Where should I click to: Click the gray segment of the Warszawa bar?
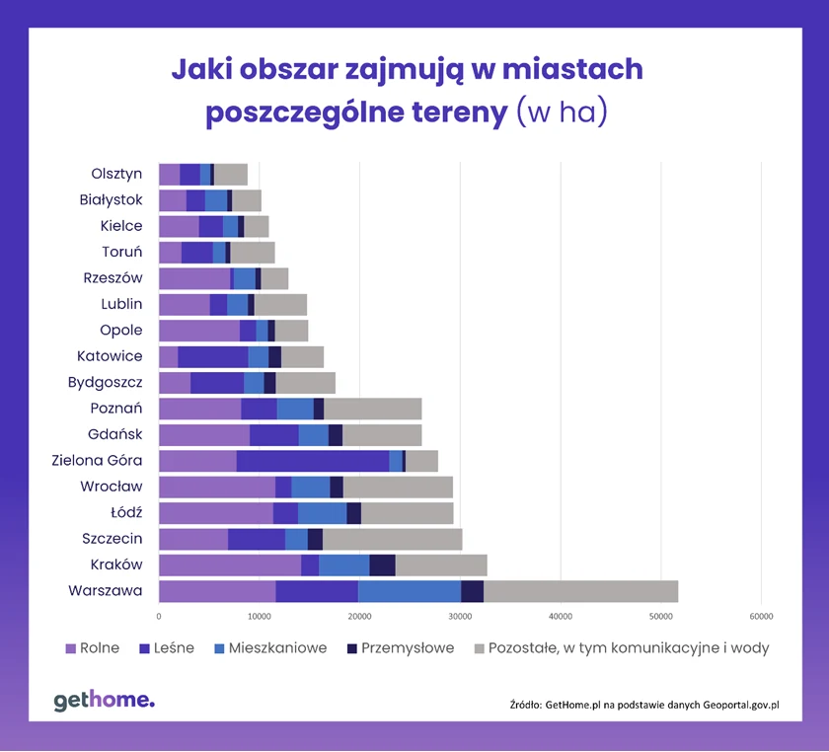pos(581,591)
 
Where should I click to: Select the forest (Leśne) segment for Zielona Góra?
pos(313,461)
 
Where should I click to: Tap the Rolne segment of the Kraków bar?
pos(229,564)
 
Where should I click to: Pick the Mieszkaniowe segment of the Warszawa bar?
pos(410,591)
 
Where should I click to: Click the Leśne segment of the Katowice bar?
pos(213,356)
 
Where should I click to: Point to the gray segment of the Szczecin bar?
pos(392,539)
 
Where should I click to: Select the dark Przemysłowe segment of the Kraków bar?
pos(382,564)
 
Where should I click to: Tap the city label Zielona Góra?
pos(98,460)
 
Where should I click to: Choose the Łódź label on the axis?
pos(125,512)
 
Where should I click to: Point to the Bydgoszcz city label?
pos(105,382)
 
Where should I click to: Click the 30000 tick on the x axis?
pos(460,616)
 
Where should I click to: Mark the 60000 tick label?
pos(760,616)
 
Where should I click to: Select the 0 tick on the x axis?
pos(159,616)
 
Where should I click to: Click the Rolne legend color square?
pos(70,648)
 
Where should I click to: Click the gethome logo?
pos(104,701)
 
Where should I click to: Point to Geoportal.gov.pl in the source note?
pos(730,705)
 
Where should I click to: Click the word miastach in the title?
pos(572,70)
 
